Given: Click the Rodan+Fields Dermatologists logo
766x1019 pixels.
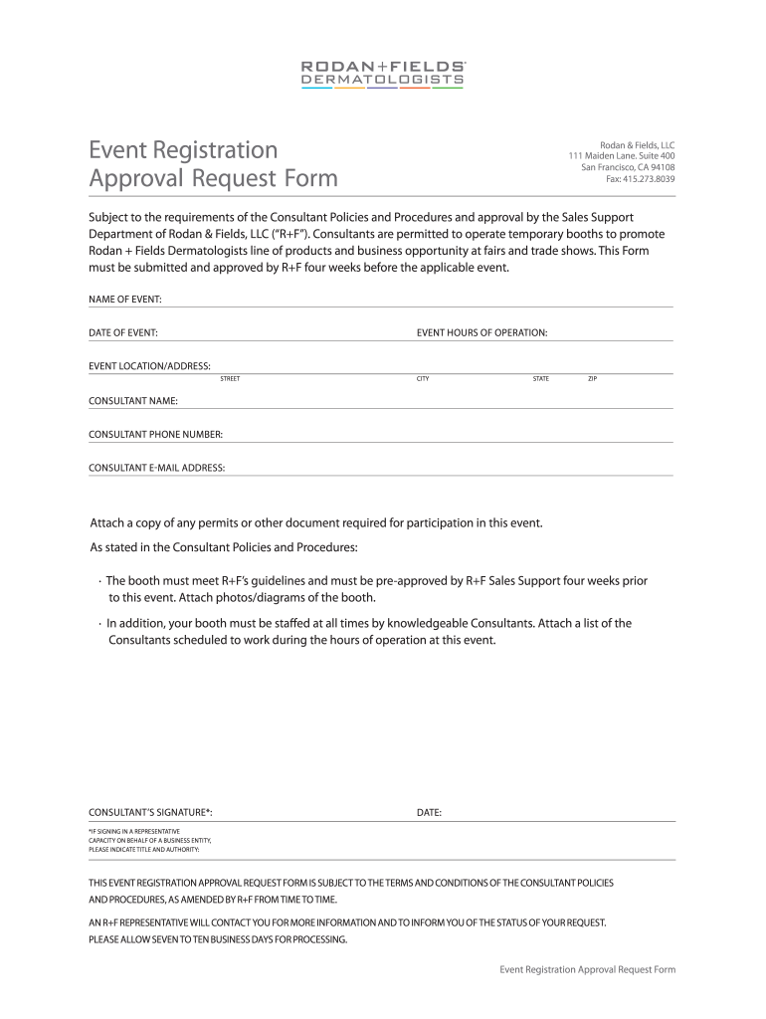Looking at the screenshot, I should [x=383, y=73].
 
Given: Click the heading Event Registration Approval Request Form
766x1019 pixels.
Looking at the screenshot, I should [x=213, y=164].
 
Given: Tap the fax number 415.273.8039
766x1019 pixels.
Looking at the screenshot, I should [x=641, y=179].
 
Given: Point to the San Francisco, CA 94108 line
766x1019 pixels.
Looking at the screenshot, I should [x=628, y=167].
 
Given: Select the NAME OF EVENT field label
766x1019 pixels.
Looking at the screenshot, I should [x=125, y=300].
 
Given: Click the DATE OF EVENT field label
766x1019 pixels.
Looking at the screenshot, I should [x=123, y=332].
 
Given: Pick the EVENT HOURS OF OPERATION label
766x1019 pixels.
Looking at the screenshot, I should [x=481, y=332].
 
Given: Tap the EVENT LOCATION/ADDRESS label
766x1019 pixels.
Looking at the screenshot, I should [x=149, y=366].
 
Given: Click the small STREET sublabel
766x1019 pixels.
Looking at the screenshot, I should [x=230, y=379].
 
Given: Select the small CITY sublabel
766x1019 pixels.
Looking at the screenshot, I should [x=423, y=379].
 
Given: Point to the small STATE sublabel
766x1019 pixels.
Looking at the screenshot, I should [x=541, y=379].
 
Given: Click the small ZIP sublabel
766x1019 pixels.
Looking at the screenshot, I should [x=593, y=379].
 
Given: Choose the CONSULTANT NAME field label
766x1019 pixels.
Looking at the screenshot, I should [x=133, y=401].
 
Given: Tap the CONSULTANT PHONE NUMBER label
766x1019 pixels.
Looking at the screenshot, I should [x=155, y=435].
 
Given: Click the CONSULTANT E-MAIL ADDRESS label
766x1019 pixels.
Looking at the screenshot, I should [x=157, y=468].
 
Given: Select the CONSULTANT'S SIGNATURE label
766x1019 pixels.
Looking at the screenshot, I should [x=150, y=813].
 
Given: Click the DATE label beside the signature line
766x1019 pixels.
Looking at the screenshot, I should [x=429, y=813].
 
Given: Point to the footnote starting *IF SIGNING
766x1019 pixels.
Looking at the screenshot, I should [x=149, y=840].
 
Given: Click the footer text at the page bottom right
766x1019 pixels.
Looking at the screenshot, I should [x=587, y=969].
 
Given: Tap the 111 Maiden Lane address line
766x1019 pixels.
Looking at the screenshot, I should [x=622, y=156].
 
